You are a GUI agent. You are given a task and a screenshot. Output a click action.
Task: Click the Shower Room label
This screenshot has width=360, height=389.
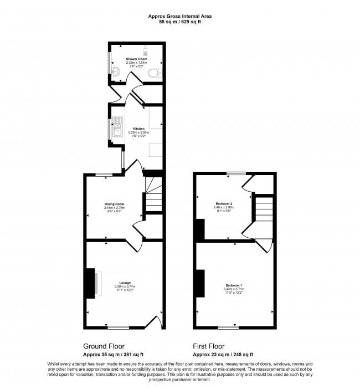136,58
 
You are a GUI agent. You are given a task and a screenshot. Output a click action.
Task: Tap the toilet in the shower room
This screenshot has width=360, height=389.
158,73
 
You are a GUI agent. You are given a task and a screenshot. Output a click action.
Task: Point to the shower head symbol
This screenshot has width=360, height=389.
147,49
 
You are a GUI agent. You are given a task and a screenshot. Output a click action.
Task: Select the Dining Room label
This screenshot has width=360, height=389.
115,204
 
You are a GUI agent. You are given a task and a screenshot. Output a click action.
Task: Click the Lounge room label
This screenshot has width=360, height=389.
124,283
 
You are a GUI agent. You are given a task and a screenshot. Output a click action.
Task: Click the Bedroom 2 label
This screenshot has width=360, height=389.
223,204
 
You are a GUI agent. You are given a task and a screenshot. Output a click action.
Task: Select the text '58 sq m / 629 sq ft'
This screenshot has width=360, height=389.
179,22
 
